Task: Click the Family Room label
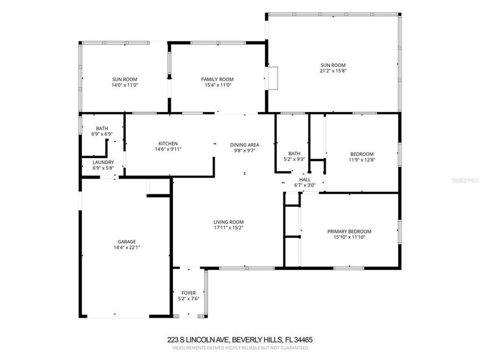(217, 79)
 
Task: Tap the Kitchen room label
(168, 143)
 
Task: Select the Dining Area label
(244, 145)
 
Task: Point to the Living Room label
(228, 222)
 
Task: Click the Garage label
(126, 241)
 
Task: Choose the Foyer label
(188, 293)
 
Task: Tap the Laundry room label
(103, 162)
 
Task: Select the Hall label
(304, 179)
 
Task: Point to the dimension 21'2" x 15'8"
(333, 71)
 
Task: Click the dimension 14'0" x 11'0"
(124, 85)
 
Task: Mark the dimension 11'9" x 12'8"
(361, 160)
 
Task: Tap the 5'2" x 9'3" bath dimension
(294, 159)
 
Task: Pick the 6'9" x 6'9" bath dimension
(101, 134)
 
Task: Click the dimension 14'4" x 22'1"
(126, 247)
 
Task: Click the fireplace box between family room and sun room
(272, 78)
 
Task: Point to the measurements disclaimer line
(239, 347)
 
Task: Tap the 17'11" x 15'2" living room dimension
(228, 228)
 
